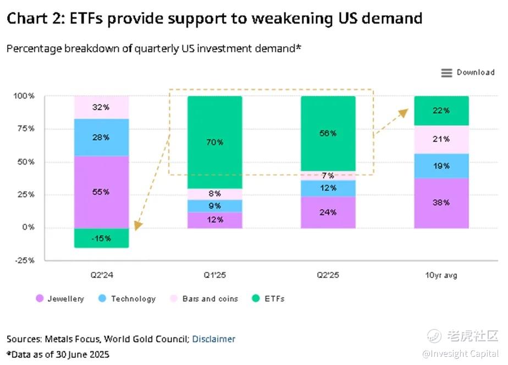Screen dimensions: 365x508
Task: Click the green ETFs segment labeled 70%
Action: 214,142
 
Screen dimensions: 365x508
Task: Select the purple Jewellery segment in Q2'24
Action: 101,192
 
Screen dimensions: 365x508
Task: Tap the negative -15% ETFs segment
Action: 101,238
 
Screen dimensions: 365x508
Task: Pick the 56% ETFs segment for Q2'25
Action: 328,133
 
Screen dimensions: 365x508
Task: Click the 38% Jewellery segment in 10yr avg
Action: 441,203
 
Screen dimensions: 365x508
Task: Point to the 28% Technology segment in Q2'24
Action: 101,137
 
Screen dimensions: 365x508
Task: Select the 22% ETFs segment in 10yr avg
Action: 441,111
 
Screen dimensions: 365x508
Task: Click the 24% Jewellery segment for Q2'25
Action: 328,212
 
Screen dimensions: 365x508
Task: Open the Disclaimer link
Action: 213,339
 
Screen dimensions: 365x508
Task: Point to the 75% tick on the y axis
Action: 24,129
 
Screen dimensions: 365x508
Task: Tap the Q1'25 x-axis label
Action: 214,275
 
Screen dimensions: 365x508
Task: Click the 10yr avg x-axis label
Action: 441,275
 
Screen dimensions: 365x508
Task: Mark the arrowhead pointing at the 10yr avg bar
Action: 404,112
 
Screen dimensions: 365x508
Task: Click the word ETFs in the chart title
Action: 86,18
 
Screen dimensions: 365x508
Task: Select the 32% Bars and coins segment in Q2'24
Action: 101,107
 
